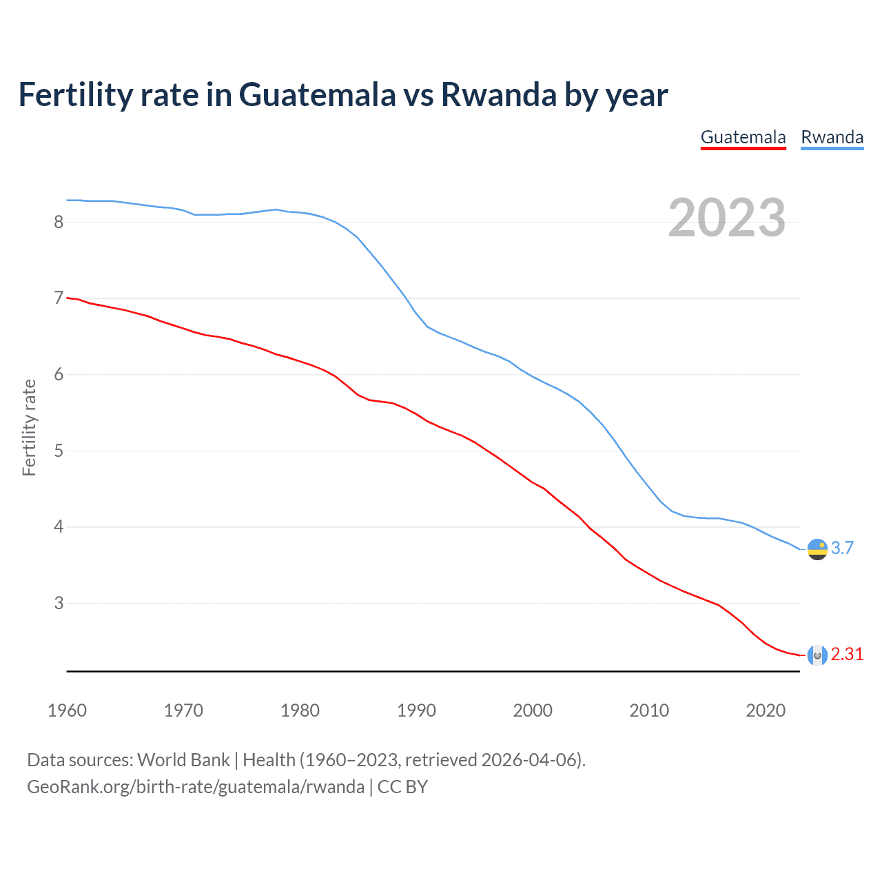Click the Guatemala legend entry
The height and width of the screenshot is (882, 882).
click(x=743, y=137)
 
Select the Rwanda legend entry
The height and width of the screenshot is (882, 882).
click(x=832, y=137)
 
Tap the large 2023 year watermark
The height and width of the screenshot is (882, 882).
click(x=726, y=218)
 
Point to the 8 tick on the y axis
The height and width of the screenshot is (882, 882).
click(x=59, y=222)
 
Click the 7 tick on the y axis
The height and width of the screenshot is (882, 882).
click(x=59, y=298)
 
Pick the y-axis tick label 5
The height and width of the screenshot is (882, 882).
click(x=59, y=451)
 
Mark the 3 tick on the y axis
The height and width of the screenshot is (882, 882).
click(x=59, y=604)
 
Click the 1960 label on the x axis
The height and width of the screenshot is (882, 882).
click(x=67, y=710)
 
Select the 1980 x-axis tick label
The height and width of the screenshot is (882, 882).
click(x=300, y=710)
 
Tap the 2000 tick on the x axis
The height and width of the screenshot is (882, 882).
click(x=533, y=710)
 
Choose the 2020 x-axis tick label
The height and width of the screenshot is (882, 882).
click(x=766, y=710)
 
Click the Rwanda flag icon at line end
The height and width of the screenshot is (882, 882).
click(x=817, y=549)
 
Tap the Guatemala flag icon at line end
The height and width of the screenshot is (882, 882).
click(x=817, y=655)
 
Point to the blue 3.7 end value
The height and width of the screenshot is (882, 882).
click(x=842, y=548)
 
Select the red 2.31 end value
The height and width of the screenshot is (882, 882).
click(x=847, y=655)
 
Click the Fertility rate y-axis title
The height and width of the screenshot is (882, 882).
click(x=29, y=427)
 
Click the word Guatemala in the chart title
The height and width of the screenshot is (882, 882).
click(x=317, y=95)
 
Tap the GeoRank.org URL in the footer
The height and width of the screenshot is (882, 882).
click(x=196, y=786)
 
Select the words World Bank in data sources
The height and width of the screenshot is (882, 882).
click(x=183, y=759)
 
